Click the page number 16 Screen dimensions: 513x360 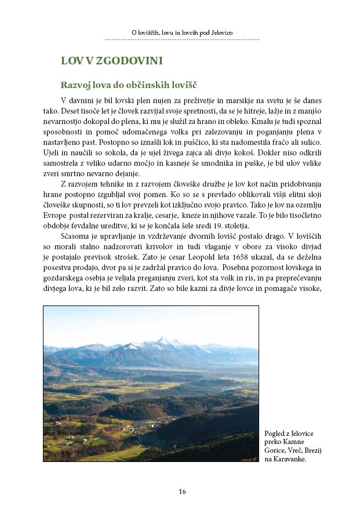point(182,492)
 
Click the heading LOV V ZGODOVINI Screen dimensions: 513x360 point(111,60)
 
